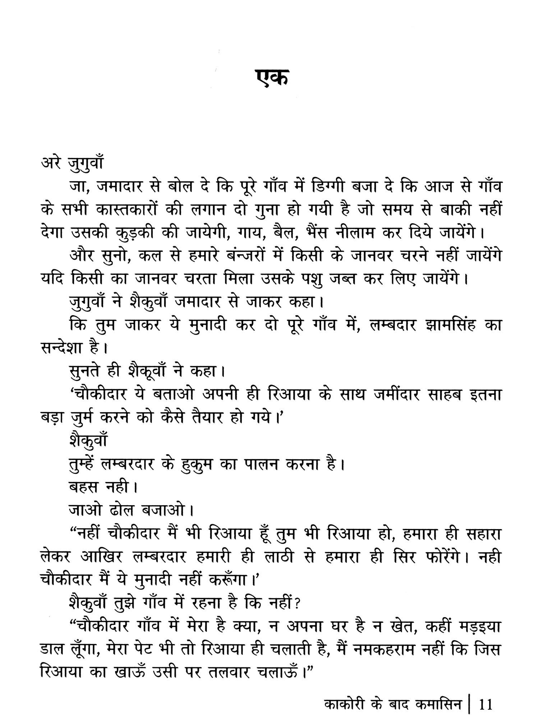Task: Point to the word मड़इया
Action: pos(474,628)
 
